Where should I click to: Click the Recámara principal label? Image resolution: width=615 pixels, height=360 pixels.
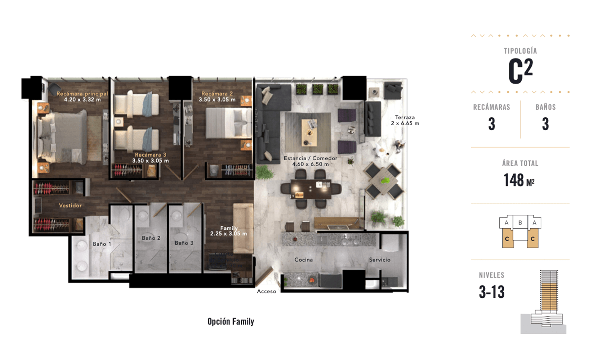82,94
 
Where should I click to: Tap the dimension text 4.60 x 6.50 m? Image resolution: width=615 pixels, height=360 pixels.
310,164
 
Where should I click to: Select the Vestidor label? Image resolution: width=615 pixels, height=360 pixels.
70,206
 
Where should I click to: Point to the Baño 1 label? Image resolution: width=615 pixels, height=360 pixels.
102,244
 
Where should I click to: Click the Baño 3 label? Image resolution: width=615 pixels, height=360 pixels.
184,243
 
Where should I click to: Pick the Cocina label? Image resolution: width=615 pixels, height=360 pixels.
303,260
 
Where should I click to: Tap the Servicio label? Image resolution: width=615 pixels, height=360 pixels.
379,260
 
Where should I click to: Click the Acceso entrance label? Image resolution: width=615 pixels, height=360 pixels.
267,292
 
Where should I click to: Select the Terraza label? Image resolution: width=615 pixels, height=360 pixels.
405,117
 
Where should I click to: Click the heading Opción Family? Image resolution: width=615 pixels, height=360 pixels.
231,321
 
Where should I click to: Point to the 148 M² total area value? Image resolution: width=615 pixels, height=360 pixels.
519,180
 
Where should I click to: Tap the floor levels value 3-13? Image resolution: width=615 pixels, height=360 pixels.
491,292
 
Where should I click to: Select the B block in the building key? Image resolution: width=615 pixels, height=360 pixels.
520,222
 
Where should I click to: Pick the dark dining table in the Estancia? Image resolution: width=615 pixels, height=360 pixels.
311,189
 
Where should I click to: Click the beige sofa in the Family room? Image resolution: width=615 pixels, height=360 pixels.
243,228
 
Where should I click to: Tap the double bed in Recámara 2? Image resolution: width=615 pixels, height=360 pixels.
229,123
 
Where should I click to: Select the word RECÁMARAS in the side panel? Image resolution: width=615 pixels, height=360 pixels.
491,107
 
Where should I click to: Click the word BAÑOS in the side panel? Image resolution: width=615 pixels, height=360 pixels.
545,107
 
